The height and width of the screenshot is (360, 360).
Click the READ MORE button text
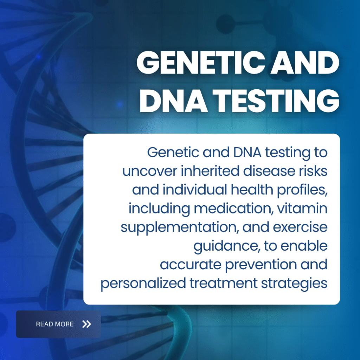point(54,324)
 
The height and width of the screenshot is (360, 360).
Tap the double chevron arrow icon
point(87,324)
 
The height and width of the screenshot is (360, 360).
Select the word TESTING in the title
point(276,101)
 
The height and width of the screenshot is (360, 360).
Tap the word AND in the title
point(305,63)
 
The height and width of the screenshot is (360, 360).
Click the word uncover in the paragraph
point(150,171)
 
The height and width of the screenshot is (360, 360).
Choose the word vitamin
point(302,208)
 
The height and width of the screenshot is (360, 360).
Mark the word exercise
point(300,227)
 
